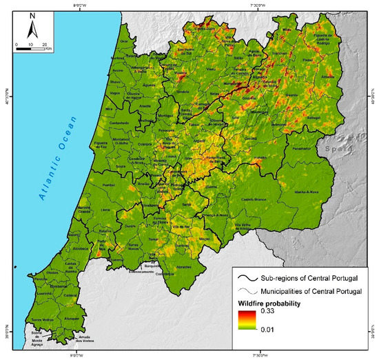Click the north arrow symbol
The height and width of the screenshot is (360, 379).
tap(32, 30)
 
